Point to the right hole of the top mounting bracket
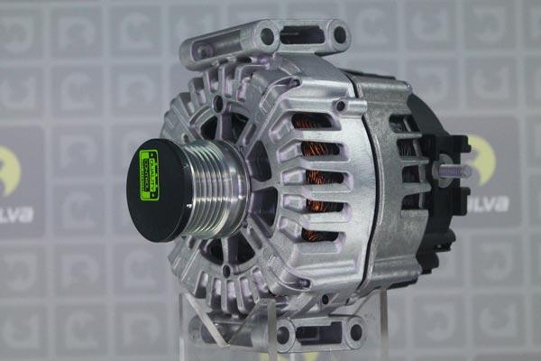click(339, 36)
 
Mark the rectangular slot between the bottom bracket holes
click(317, 332)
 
